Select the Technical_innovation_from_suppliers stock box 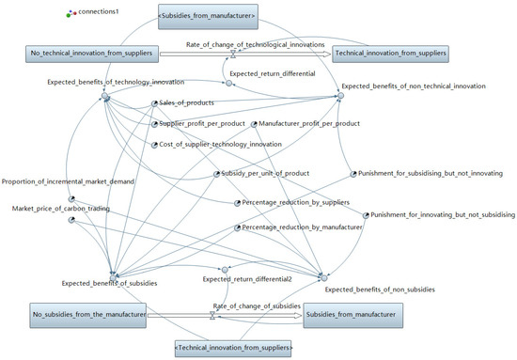click(x=390, y=55)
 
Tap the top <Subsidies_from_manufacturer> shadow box click(x=209, y=15)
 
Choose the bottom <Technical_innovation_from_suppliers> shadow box click(x=233, y=349)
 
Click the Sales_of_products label click(x=187, y=102)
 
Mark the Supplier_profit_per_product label click(x=202, y=123)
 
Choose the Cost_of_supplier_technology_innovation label click(x=220, y=144)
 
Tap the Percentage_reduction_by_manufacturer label click(x=302, y=227)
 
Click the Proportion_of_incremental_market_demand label click(x=68, y=180)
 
